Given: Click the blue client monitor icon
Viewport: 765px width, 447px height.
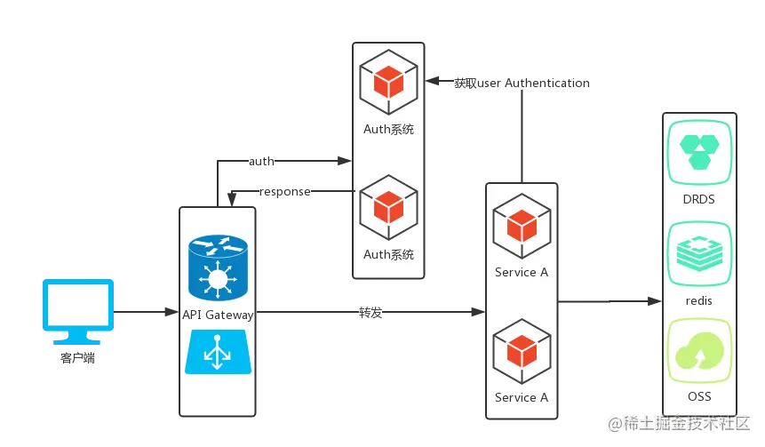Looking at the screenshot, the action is click(78, 311).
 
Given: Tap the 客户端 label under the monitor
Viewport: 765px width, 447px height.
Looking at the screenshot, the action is click(77, 358).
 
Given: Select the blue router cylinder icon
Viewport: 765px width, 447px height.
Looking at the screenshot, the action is click(218, 267).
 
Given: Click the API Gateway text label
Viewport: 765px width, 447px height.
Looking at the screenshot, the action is click(218, 315).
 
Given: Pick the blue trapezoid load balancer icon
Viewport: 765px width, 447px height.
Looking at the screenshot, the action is click(218, 352).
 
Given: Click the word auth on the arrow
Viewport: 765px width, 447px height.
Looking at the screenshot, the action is click(261, 161).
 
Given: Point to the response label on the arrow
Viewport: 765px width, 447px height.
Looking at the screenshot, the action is click(285, 191).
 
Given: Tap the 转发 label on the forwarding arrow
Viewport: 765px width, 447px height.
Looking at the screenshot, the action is click(371, 312).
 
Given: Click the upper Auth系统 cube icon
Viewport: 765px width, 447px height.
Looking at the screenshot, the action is click(389, 82).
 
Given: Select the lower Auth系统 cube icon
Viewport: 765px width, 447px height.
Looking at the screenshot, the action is click(389, 207).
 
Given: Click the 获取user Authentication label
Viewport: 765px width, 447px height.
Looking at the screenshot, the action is click(522, 83).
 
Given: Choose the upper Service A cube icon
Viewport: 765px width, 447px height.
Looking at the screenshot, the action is click(522, 226).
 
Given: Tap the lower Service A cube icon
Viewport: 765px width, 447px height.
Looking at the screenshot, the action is click(522, 351).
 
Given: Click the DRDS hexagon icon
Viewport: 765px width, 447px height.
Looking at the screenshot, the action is click(699, 152).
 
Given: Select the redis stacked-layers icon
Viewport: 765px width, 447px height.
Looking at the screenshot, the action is click(699, 254).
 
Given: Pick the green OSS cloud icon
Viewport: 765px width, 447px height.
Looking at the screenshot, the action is click(699, 351).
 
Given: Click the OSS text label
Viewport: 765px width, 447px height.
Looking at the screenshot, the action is click(699, 396).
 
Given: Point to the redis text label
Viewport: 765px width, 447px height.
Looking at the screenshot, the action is click(699, 300).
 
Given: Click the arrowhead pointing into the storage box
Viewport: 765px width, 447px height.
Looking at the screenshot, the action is click(655, 301).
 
